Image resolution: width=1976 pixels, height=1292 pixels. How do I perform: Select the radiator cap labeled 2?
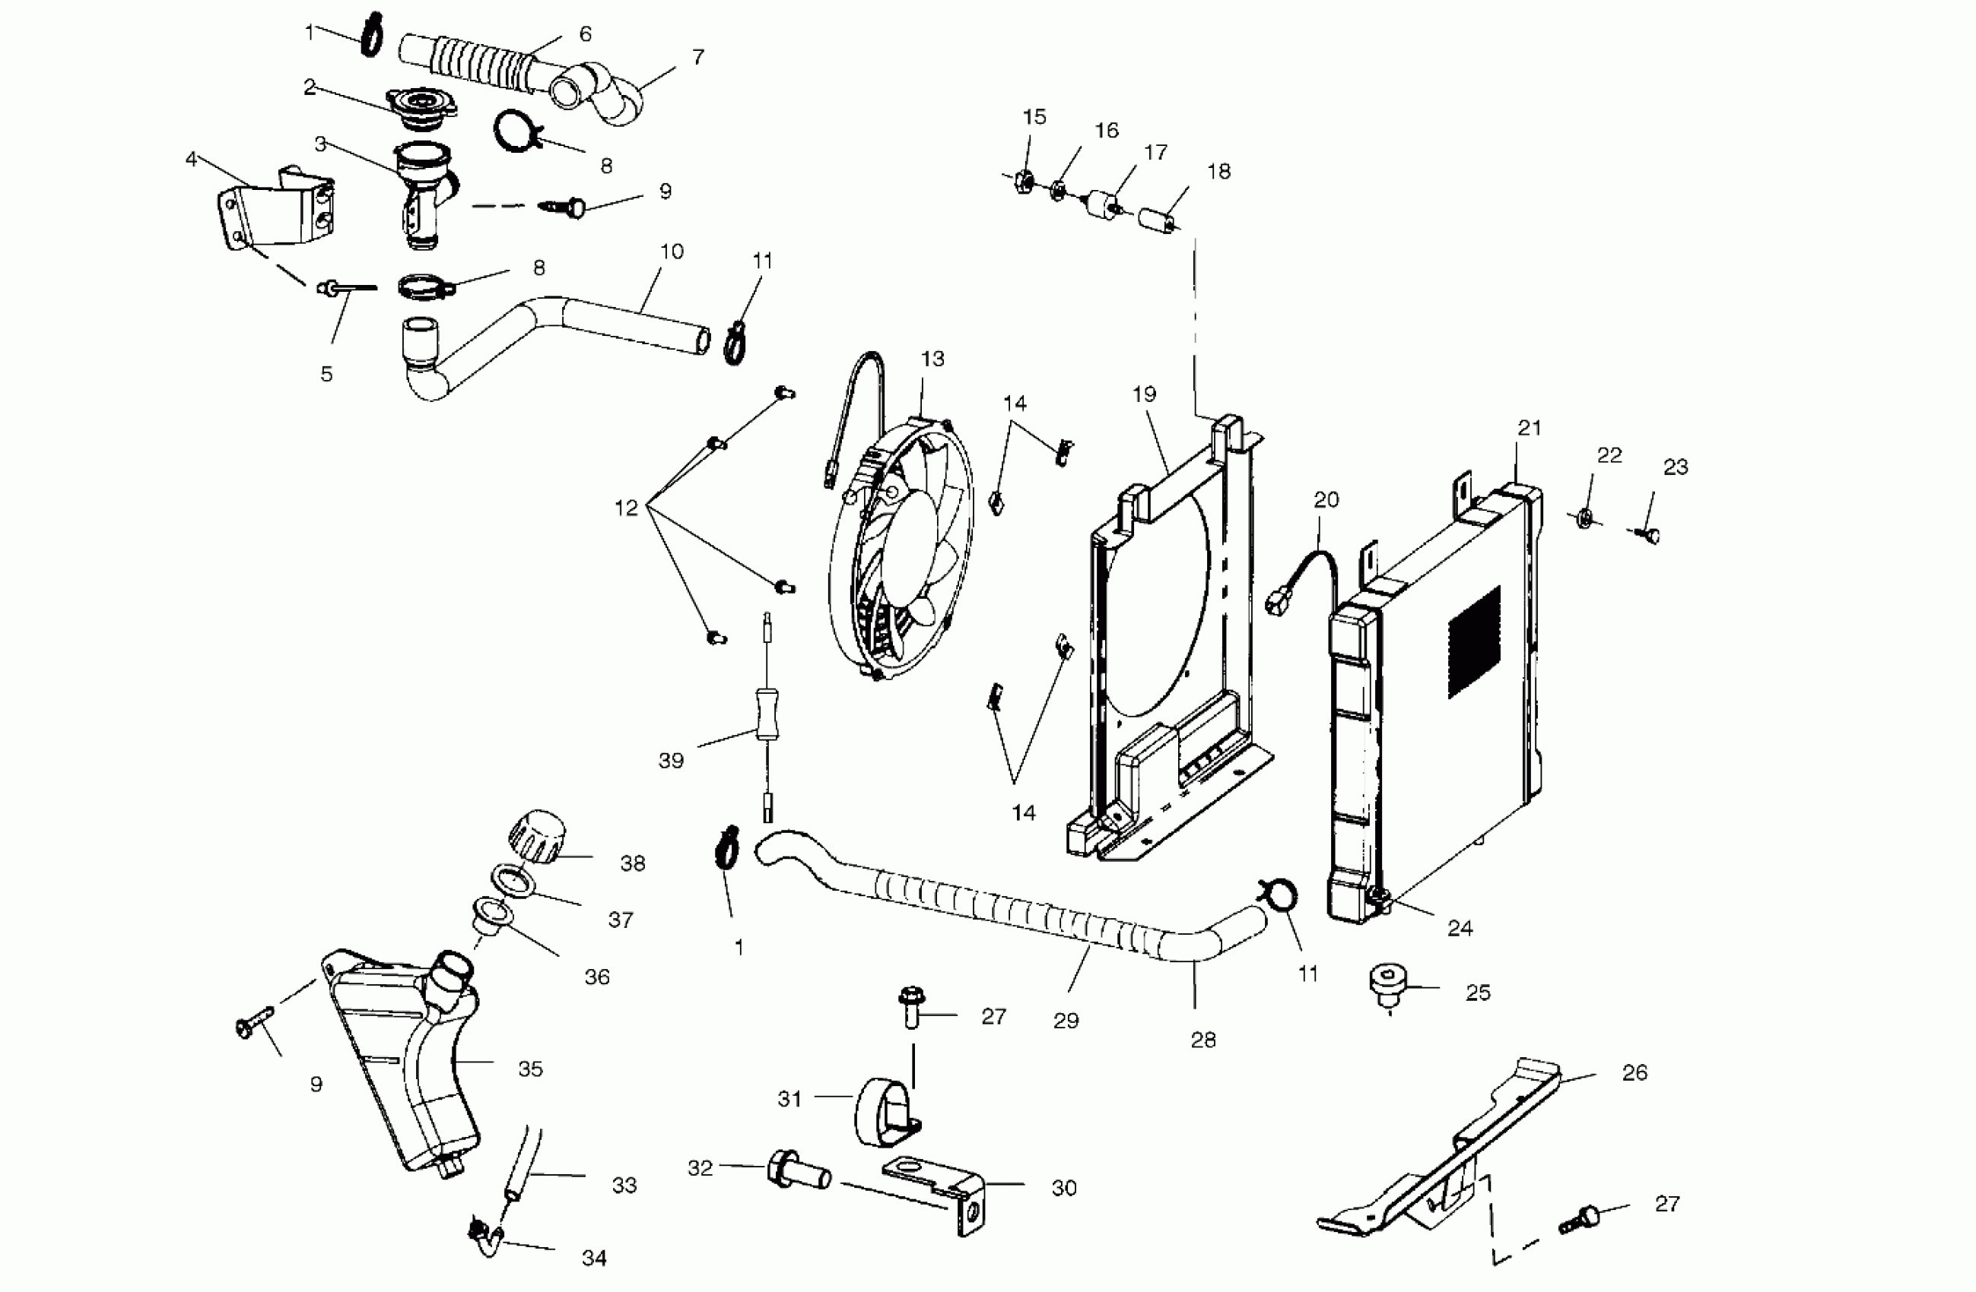pyautogui.click(x=421, y=109)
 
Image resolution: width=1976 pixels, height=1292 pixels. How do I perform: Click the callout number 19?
pyautogui.click(x=1144, y=394)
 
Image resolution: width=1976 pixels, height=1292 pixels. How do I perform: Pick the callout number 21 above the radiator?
pyautogui.click(x=1530, y=428)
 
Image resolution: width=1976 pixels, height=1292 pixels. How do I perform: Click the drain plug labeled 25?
pyautogui.click(x=1388, y=986)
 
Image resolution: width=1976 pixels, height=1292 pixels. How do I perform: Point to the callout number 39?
pyautogui.click(x=671, y=760)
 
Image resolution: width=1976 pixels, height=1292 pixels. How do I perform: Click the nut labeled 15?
pyautogui.click(x=1025, y=181)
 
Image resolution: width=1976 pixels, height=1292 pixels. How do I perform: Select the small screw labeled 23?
pyautogui.click(x=1650, y=535)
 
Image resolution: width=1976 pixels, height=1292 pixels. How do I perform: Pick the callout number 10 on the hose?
pyautogui.click(x=672, y=252)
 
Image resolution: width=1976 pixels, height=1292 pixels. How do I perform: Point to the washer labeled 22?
pyautogui.click(x=1584, y=518)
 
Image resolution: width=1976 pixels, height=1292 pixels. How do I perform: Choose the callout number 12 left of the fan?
pyautogui.click(x=626, y=508)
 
